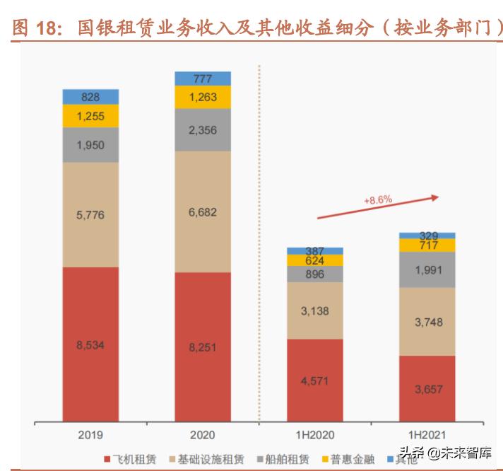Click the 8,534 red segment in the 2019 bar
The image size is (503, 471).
[x=90, y=344]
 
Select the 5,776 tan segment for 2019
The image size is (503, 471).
[x=90, y=215]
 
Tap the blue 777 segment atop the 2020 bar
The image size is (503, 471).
[x=203, y=78]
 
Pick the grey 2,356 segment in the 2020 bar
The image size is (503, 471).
[x=203, y=130]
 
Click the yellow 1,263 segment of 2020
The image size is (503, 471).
[x=203, y=98]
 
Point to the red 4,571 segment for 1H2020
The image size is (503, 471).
[x=314, y=380]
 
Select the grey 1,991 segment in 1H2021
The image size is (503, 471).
[x=427, y=269]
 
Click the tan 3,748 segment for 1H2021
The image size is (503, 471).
[x=427, y=321]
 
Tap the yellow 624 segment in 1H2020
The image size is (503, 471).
[x=314, y=260]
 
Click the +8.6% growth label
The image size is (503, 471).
[x=378, y=201]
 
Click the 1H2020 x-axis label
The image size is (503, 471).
[x=314, y=435]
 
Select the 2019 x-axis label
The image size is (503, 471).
[x=90, y=435]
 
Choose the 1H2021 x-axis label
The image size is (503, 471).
[x=427, y=435]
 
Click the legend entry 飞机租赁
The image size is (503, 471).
[x=135, y=459]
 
